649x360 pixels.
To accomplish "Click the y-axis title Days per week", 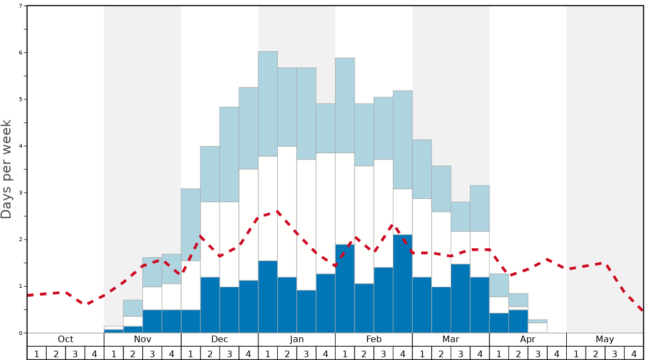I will (x=7, y=169).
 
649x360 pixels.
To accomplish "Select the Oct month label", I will (x=66, y=339).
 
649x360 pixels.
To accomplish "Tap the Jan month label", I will (x=297, y=339).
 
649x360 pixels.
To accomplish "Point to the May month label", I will (x=605, y=339).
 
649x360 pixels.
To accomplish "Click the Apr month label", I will (x=528, y=339).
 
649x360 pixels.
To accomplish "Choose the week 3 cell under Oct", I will (x=75, y=353).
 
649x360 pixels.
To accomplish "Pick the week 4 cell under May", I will (x=633, y=353).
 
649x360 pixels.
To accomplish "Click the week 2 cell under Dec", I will (x=210, y=353).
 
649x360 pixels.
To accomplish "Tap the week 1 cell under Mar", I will (x=422, y=353).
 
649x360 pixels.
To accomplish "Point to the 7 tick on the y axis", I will (x=21, y=6).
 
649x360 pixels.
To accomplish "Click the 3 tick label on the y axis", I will (x=21, y=193).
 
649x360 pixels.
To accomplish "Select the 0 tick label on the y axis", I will (x=21, y=333).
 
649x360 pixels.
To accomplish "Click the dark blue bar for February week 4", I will (x=403, y=283).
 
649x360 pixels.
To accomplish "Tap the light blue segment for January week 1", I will (x=268, y=104).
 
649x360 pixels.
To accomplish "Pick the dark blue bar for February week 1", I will (x=345, y=288).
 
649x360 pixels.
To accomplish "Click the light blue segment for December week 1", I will (x=191, y=224).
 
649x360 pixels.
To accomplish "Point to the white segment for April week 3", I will (x=537, y=328).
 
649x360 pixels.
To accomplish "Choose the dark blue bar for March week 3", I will (x=461, y=298).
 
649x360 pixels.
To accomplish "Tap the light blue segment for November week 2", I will (x=133, y=308).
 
